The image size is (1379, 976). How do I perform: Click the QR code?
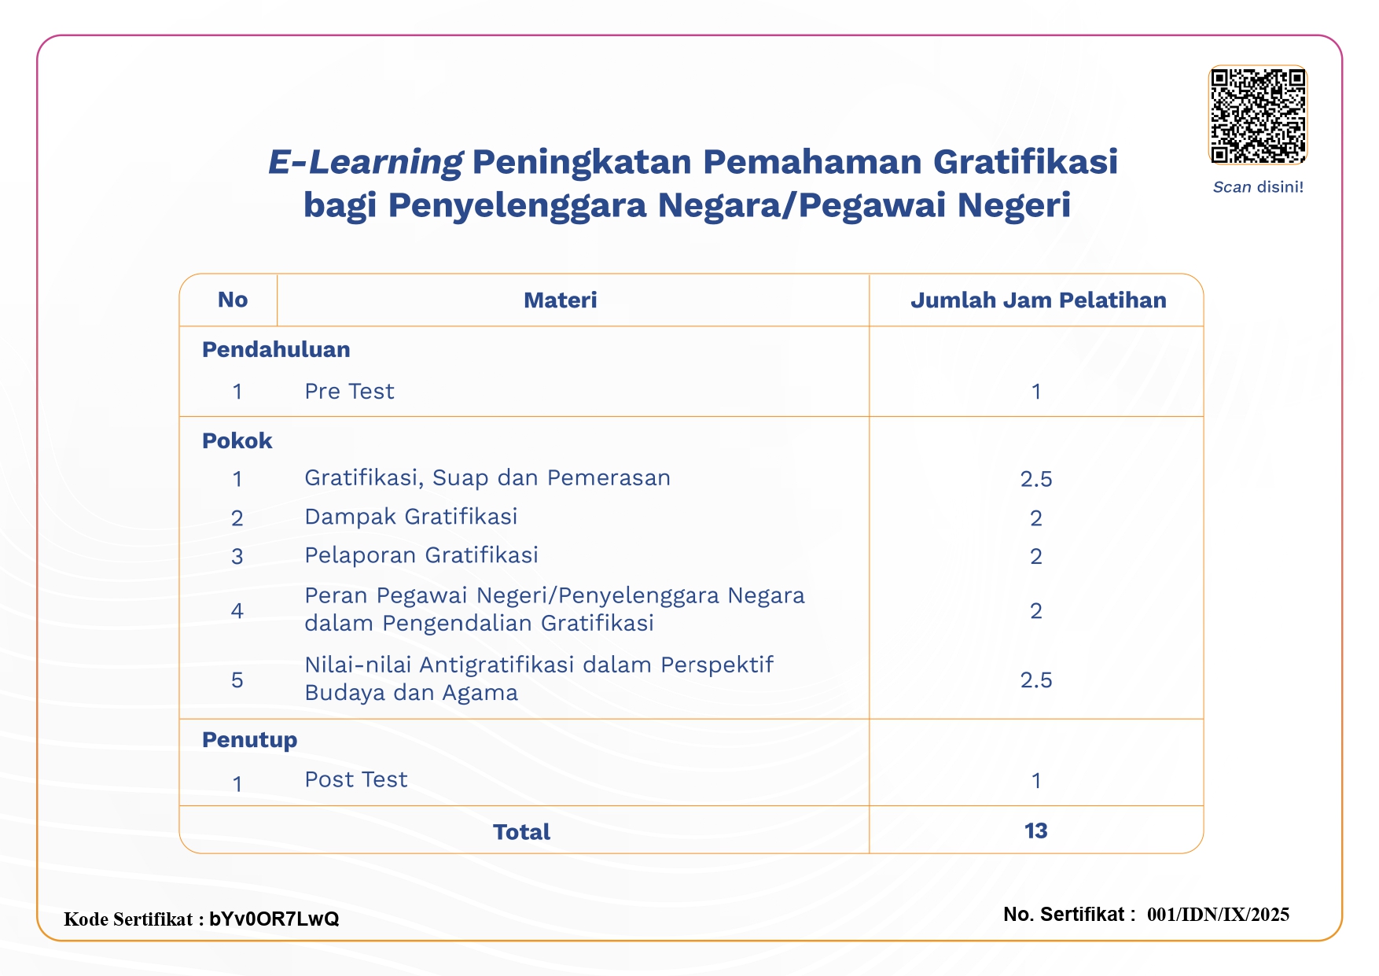click(1258, 115)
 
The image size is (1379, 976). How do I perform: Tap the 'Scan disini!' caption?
click(1258, 187)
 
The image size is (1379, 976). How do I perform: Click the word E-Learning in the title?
click(365, 162)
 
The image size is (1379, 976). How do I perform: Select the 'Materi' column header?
click(560, 300)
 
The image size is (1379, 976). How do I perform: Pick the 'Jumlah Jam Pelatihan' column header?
click(1038, 300)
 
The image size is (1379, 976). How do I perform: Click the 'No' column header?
click(233, 300)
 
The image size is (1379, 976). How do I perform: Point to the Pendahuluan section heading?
click(276, 349)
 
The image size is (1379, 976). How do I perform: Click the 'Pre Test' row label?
click(349, 391)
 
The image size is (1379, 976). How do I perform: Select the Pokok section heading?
click(237, 440)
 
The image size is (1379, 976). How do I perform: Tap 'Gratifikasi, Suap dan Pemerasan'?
click(487, 477)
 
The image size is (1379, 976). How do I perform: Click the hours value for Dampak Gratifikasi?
click(1036, 517)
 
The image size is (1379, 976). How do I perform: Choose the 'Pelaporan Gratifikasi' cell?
click(421, 555)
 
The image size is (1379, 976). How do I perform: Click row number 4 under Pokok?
click(237, 610)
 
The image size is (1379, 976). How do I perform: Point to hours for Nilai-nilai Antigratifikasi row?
click(1036, 680)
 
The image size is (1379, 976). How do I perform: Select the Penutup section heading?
click(249, 739)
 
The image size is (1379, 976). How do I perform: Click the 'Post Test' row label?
click(355, 779)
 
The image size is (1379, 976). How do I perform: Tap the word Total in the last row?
click(521, 831)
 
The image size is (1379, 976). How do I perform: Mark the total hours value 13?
click(1036, 831)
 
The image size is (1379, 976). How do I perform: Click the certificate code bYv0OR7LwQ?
click(274, 919)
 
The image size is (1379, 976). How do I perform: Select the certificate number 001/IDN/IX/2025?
click(1218, 914)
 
